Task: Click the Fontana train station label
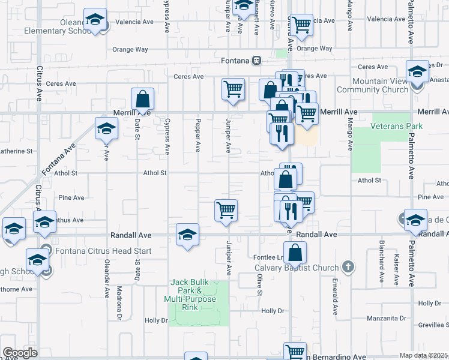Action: point(235,61)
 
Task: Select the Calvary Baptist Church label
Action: point(297,268)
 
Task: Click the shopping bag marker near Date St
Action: point(143,98)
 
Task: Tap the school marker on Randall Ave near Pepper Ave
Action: point(187,235)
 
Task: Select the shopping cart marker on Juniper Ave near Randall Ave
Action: point(226,211)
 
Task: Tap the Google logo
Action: point(20,353)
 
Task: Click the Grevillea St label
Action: point(432,325)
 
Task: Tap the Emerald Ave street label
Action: point(335,296)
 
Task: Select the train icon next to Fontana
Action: point(256,60)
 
